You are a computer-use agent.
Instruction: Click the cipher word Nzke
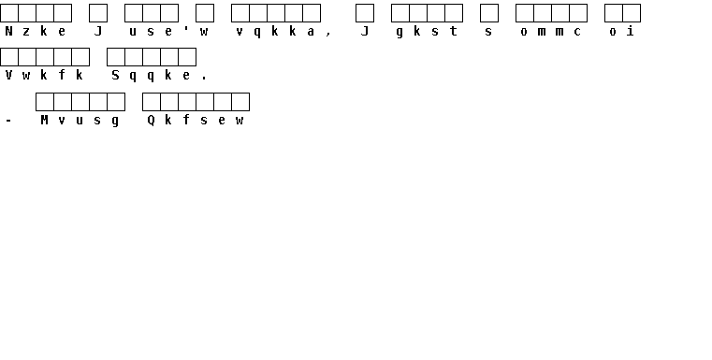(x=36, y=31)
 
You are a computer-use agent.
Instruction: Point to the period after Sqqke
(x=204, y=79)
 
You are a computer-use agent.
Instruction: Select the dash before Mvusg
(x=8, y=121)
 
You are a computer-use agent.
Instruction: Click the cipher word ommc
(x=551, y=31)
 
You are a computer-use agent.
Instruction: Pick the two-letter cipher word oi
(x=621, y=31)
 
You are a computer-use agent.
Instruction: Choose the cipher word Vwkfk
(x=44, y=75)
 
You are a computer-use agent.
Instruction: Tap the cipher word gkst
(x=427, y=31)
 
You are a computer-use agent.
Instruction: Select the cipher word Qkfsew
(x=196, y=120)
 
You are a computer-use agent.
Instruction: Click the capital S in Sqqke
(x=115, y=76)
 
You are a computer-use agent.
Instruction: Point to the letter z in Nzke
(x=26, y=32)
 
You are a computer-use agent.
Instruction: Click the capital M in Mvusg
(x=44, y=120)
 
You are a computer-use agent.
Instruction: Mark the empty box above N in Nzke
(x=9, y=13)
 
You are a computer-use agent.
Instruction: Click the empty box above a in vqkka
(x=312, y=13)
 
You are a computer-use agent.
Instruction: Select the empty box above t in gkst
(x=454, y=13)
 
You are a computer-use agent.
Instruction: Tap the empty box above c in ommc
(x=578, y=13)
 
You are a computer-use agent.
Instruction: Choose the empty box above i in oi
(x=632, y=13)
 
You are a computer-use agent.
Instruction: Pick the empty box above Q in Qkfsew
(x=152, y=102)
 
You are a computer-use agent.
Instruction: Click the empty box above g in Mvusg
(x=116, y=102)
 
